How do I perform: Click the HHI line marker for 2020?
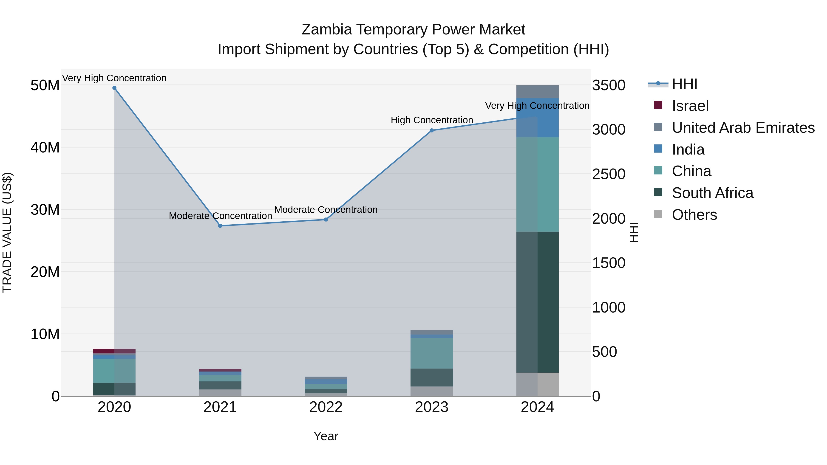click(114, 88)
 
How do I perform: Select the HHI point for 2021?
click(220, 226)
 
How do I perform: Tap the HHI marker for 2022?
click(326, 220)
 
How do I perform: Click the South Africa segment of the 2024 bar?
click(537, 302)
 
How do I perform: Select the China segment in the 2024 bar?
click(537, 185)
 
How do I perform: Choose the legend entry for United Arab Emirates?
click(743, 128)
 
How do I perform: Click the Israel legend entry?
click(690, 106)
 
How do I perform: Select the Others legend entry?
click(694, 215)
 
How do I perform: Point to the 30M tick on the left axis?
click(45, 210)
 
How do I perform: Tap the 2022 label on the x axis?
click(326, 407)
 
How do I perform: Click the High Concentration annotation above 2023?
click(432, 120)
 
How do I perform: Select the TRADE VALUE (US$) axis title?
click(7, 232)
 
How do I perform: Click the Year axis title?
click(326, 436)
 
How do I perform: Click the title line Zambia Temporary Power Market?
click(413, 30)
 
